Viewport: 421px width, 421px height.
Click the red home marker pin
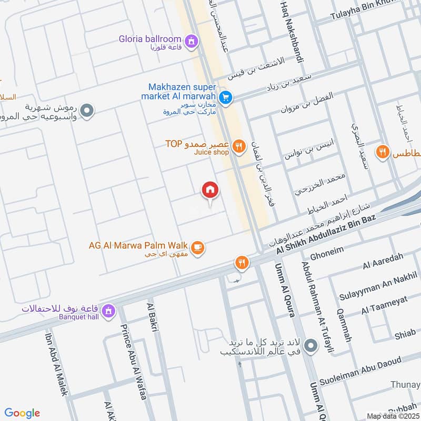tap(210, 191)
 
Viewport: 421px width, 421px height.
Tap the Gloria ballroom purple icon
tap(192, 40)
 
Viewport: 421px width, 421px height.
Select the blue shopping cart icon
tap(226, 97)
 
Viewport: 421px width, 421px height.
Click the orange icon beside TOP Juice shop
tap(239, 147)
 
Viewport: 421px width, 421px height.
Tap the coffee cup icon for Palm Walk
tap(197, 248)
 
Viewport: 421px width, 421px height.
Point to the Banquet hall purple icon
tap(109, 310)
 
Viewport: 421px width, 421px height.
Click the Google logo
tap(22, 413)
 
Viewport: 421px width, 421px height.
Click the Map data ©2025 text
tap(392, 416)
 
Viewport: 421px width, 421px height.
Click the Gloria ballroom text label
tap(156, 39)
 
